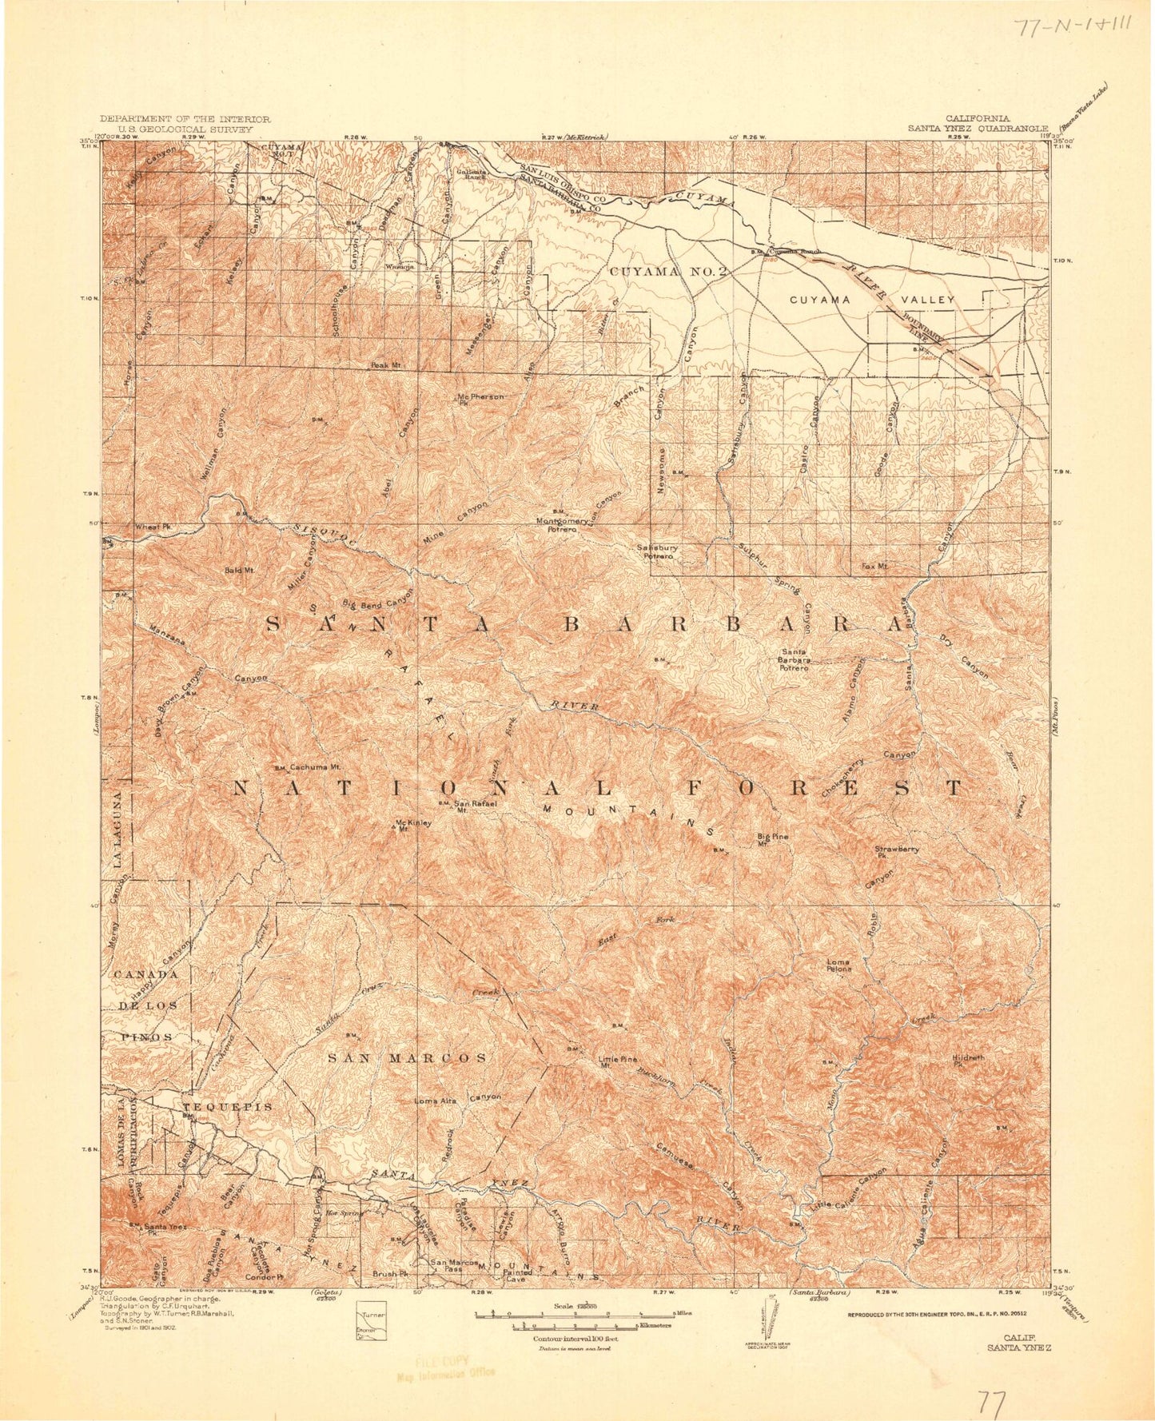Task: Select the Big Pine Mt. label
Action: (x=773, y=839)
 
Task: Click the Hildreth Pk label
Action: (x=969, y=1060)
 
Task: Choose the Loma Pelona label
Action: (x=838, y=965)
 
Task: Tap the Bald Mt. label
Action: (x=239, y=571)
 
